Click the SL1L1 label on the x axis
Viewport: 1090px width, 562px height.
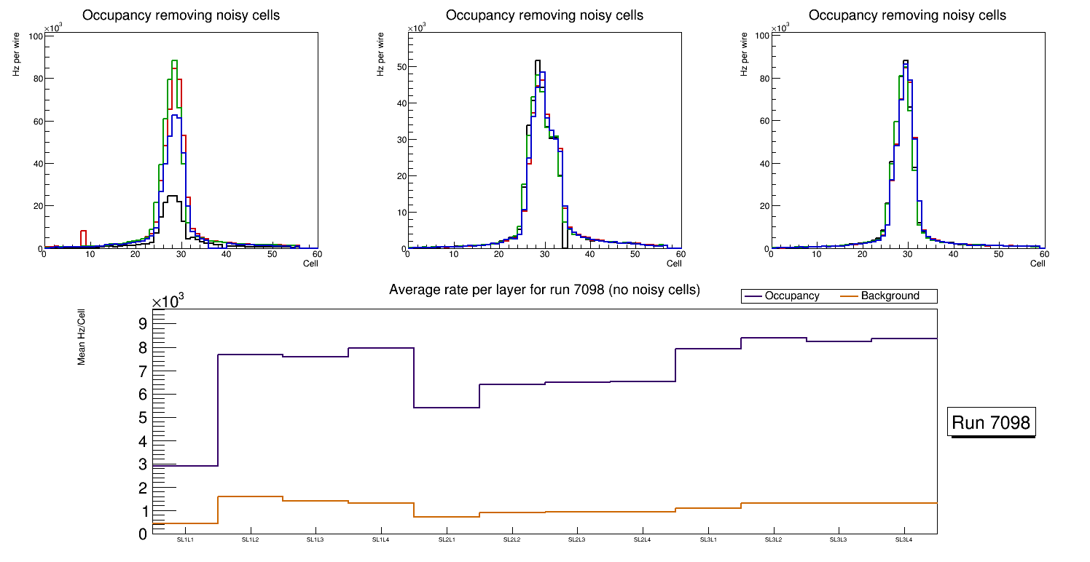click(x=185, y=540)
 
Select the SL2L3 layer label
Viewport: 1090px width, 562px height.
click(x=576, y=540)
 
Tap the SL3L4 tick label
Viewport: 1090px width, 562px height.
click(x=903, y=540)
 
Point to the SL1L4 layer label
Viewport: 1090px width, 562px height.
click(x=381, y=540)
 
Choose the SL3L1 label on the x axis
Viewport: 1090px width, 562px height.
click(x=707, y=540)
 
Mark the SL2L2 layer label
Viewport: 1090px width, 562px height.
click(x=511, y=540)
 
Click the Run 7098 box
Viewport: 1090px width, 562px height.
click(x=992, y=422)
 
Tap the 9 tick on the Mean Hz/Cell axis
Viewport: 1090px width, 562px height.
click(x=143, y=323)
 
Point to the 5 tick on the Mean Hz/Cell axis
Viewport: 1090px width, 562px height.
click(x=143, y=418)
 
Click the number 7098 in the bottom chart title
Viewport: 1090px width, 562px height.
click(x=607, y=290)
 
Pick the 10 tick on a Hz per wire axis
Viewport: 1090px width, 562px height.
click(x=400, y=212)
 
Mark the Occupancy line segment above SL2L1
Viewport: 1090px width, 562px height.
click(x=447, y=408)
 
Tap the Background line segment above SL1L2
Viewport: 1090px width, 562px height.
click(x=251, y=496)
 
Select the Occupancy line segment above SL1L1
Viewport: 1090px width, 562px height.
click(x=185, y=466)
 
